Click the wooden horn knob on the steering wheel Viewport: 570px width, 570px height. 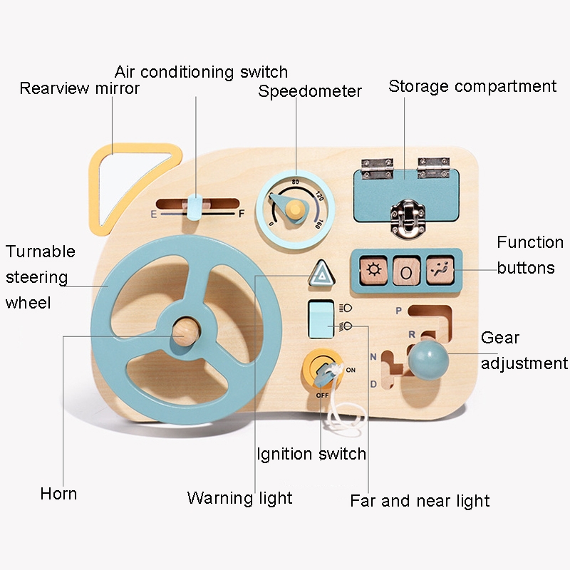coord(186,331)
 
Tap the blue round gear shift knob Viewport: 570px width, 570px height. coord(428,360)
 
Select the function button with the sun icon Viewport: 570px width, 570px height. coord(373,271)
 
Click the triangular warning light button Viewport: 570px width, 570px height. coord(321,274)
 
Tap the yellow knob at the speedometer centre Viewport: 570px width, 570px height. coord(295,209)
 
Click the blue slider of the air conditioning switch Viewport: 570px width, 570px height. coord(195,207)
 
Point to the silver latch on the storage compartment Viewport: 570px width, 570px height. coord(408,217)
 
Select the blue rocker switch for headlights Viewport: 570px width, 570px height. coord(321,318)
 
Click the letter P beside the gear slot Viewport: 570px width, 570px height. coord(399,311)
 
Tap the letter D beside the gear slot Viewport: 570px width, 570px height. coord(373,384)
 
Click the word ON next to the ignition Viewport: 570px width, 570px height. coord(351,370)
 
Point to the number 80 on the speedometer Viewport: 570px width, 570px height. coord(295,182)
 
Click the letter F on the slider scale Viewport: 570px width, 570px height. coord(242,214)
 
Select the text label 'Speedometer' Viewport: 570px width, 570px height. coord(310,91)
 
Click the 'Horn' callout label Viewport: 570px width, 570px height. coord(58,494)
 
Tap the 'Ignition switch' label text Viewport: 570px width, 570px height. coord(311,454)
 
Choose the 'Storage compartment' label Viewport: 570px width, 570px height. coord(472,87)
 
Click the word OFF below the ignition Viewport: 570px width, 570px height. coord(322,395)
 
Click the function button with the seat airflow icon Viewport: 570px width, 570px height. coord(440,271)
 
